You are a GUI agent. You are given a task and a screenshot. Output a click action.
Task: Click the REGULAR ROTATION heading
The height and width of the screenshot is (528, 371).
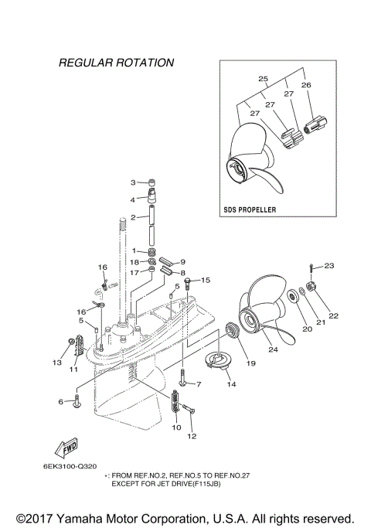point(116,62)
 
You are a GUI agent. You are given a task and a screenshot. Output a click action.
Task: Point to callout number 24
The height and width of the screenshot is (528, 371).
point(272,349)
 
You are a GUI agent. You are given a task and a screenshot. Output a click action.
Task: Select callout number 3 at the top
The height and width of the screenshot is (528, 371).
point(133,182)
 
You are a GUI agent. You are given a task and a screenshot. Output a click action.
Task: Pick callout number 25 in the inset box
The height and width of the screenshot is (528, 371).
point(263,80)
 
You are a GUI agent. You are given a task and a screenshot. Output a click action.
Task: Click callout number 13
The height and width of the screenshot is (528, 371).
point(57,362)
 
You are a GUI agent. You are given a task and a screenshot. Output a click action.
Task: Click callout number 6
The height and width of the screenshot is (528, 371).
point(60,402)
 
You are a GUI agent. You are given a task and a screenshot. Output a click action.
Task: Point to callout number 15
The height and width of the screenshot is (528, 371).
point(206,280)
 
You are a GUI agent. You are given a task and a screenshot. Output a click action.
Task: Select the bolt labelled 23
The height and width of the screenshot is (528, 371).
point(311,272)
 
